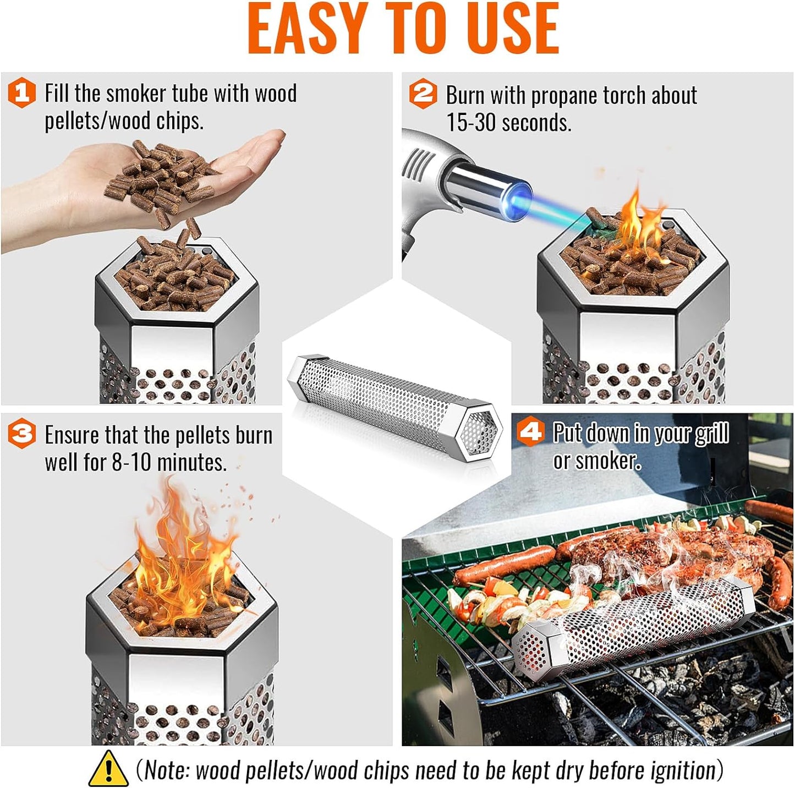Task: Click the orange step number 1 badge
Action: click(21, 92)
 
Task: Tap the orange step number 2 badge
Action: click(423, 94)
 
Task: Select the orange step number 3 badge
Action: click(21, 434)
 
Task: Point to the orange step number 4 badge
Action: click(530, 432)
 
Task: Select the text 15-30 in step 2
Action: click(471, 122)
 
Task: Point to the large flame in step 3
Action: click(182, 556)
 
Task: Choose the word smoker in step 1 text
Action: click(138, 94)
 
